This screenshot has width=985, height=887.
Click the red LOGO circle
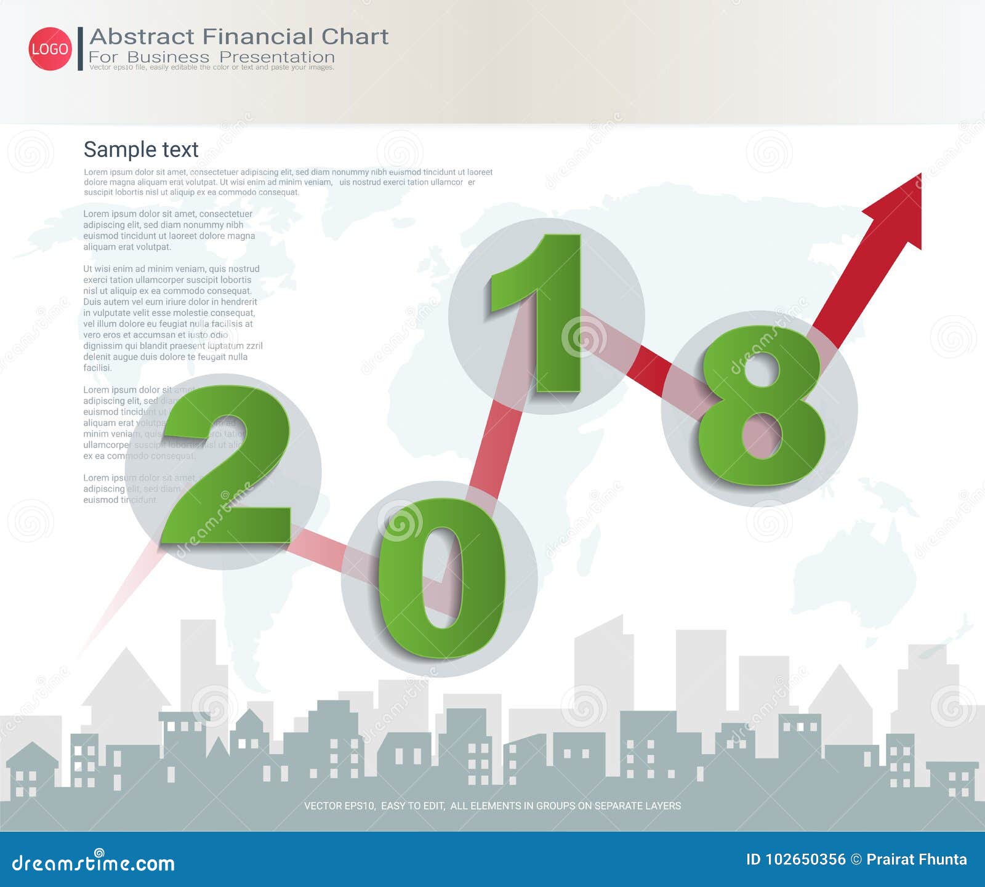point(50,49)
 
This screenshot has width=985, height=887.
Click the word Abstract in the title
point(142,36)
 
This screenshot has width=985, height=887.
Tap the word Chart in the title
point(355,36)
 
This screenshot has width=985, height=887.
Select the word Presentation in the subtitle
point(277,57)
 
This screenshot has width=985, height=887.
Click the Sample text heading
point(141,150)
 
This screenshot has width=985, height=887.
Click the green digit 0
point(441,579)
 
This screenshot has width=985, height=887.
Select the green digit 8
point(762,406)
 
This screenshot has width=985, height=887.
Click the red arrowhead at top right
point(899,209)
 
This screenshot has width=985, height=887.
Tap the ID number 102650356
point(805,859)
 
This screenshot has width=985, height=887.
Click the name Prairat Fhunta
point(917,859)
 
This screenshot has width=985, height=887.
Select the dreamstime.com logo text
point(94,863)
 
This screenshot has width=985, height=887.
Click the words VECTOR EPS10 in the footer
point(339,806)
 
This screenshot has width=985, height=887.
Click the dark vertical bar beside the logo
point(80,49)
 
